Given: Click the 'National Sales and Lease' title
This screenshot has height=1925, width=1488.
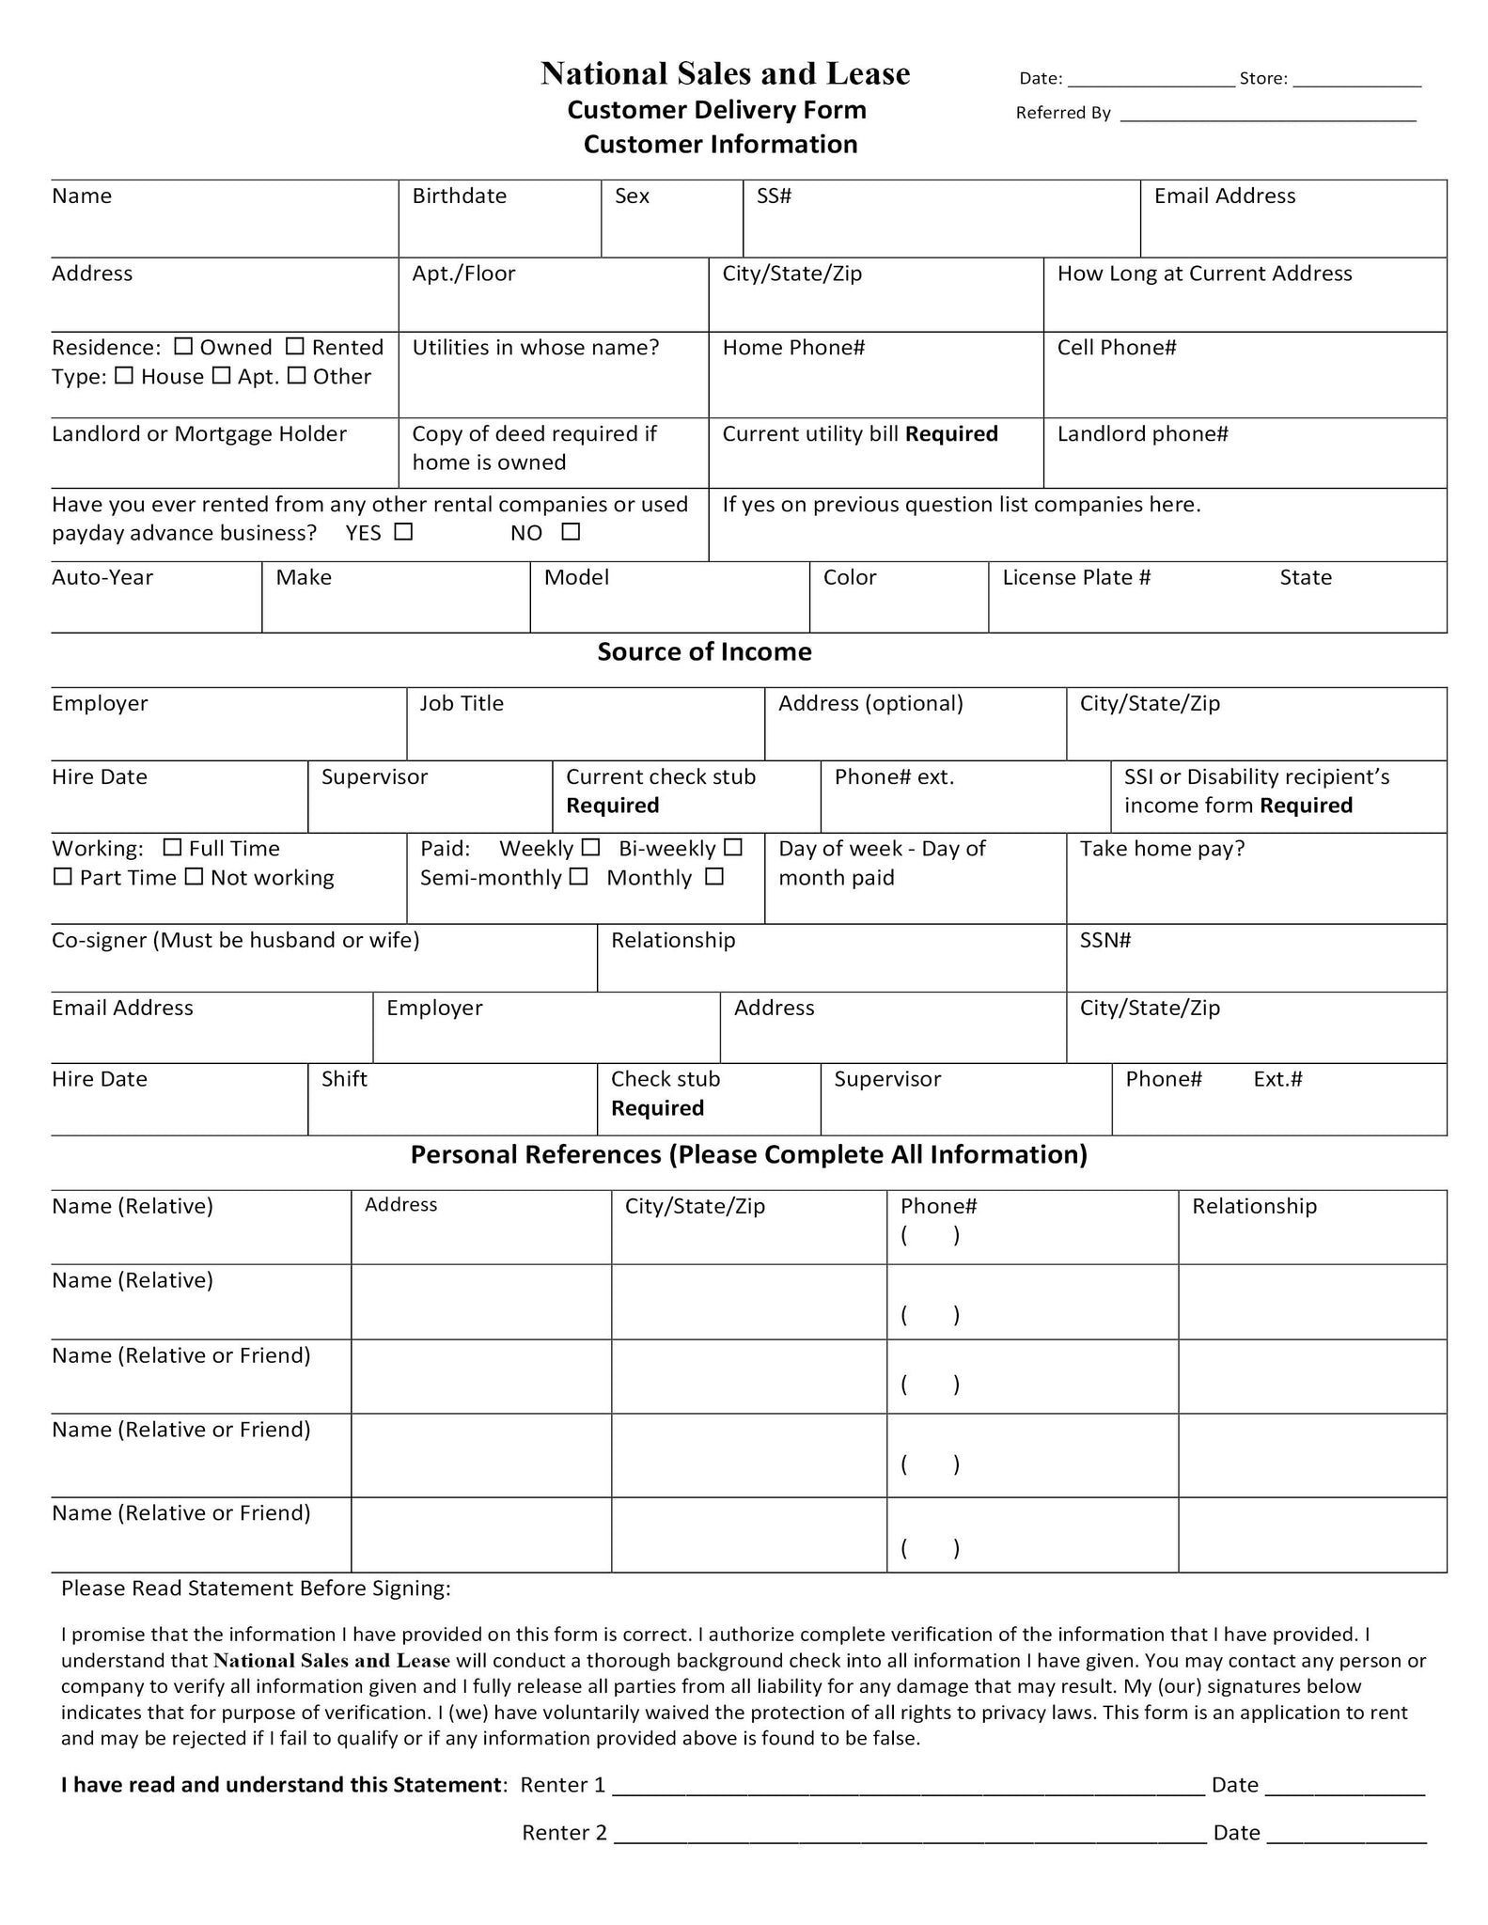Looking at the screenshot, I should (725, 73).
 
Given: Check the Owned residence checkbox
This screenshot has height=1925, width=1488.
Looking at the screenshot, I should (184, 346).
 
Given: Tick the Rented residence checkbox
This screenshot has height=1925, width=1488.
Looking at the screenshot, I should (295, 346).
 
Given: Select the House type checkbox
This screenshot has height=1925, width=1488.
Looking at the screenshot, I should (124, 375).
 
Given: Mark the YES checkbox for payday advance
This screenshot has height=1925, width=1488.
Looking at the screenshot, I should (403, 531).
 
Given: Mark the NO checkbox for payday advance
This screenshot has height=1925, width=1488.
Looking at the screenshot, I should (571, 531).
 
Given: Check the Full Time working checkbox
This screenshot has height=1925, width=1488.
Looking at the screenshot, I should (172, 847).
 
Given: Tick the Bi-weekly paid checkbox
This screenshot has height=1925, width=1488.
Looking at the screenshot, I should (733, 847).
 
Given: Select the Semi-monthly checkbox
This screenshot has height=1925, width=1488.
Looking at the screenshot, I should (579, 876).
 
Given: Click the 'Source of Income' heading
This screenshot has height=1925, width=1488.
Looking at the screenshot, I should (704, 651).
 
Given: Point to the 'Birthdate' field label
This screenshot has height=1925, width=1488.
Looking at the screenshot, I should (459, 196).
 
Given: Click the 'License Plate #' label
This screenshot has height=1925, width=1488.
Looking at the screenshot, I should (1076, 577).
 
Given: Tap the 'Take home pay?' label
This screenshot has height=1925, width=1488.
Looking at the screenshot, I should (1162, 848).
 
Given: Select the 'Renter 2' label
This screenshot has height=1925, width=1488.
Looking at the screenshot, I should (564, 1832).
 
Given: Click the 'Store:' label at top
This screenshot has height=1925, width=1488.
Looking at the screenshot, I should (1262, 79).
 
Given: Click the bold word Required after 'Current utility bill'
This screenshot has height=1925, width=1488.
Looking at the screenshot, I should (951, 433).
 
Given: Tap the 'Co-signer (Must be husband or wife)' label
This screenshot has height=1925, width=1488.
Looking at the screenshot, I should (235, 940).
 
